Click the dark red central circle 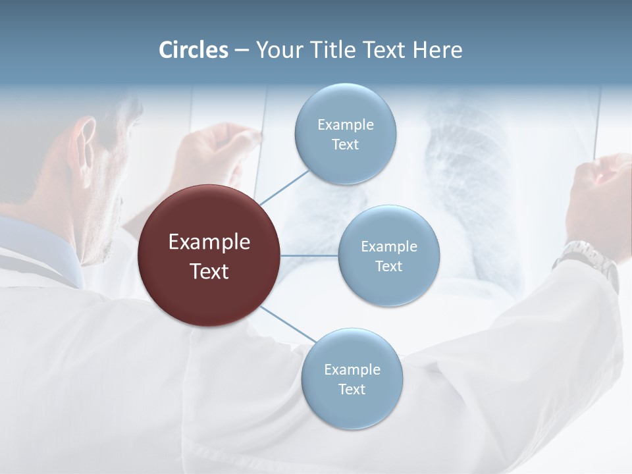(209, 255)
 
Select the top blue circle (345, 134)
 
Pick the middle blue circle (388, 255)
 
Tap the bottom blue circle (352, 379)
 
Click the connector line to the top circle (284, 187)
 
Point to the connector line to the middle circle (309, 255)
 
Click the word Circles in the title (194, 50)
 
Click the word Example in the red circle (209, 242)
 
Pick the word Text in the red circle (209, 271)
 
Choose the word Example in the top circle (345, 124)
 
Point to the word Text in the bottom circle (352, 389)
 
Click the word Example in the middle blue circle (388, 246)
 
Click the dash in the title (241, 51)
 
